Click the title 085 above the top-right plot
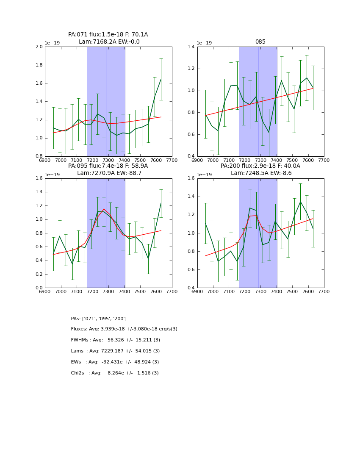click(260, 42)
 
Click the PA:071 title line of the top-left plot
click(108, 35)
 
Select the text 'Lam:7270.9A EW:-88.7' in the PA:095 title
click(109, 173)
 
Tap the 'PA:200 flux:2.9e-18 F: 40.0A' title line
click(260, 166)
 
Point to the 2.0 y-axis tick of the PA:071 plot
click(39, 47)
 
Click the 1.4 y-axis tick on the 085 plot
click(191, 47)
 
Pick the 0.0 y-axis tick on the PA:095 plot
click(39, 288)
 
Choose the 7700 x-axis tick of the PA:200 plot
click(324, 291)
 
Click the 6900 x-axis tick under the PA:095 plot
click(45, 291)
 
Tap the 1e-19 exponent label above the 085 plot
click(204, 43)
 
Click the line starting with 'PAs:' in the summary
click(99, 319)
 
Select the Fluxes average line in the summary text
click(124, 329)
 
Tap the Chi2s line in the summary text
click(115, 373)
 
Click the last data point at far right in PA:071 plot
click(161, 79)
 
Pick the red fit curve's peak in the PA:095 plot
click(104, 209)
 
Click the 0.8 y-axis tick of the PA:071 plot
click(39, 156)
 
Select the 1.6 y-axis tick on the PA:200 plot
click(191, 178)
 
